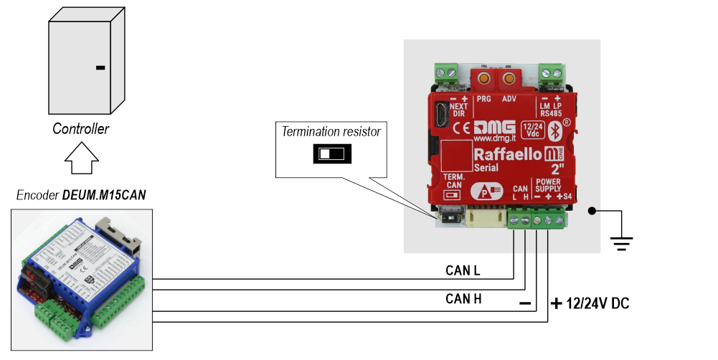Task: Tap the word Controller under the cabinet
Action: tap(80, 130)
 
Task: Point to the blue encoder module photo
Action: tap(82, 280)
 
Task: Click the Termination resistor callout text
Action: tap(331, 132)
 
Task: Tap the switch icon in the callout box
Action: tap(331, 153)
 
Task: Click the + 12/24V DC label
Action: tap(590, 303)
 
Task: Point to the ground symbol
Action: tap(622, 245)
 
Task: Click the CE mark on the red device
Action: tap(462, 130)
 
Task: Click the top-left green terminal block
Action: tap(446, 72)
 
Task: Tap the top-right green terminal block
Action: tap(550, 72)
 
